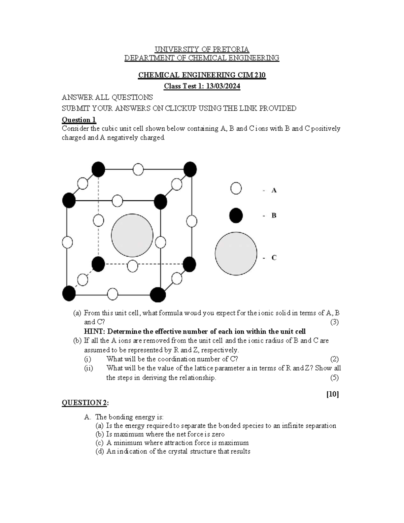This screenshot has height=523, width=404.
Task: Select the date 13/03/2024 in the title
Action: (x=223, y=86)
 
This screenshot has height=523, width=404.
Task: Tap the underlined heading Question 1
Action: (x=79, y=120)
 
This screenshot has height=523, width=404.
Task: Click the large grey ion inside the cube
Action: (x=132, y=235)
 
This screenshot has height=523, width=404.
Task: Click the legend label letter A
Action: (x=274, y=190)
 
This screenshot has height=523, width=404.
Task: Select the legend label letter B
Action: (x=274, y=216)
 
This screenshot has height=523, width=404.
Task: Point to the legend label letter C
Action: (x=274, y=258)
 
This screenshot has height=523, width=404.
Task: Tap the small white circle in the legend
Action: (x=236, y=188)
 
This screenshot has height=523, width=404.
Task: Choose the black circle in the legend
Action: (x=236, y=215)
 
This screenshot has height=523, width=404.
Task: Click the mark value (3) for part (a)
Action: (x=334, y=322)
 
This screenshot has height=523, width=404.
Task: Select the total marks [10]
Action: (x=333, y=394)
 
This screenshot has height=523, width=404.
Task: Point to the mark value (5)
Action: (x=334, y=378)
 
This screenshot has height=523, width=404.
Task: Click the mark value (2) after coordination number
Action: (x=334, y=359)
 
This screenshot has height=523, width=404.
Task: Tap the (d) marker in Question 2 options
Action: (x=100, y=452)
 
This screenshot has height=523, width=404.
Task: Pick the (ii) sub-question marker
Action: (x=89, y=368)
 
